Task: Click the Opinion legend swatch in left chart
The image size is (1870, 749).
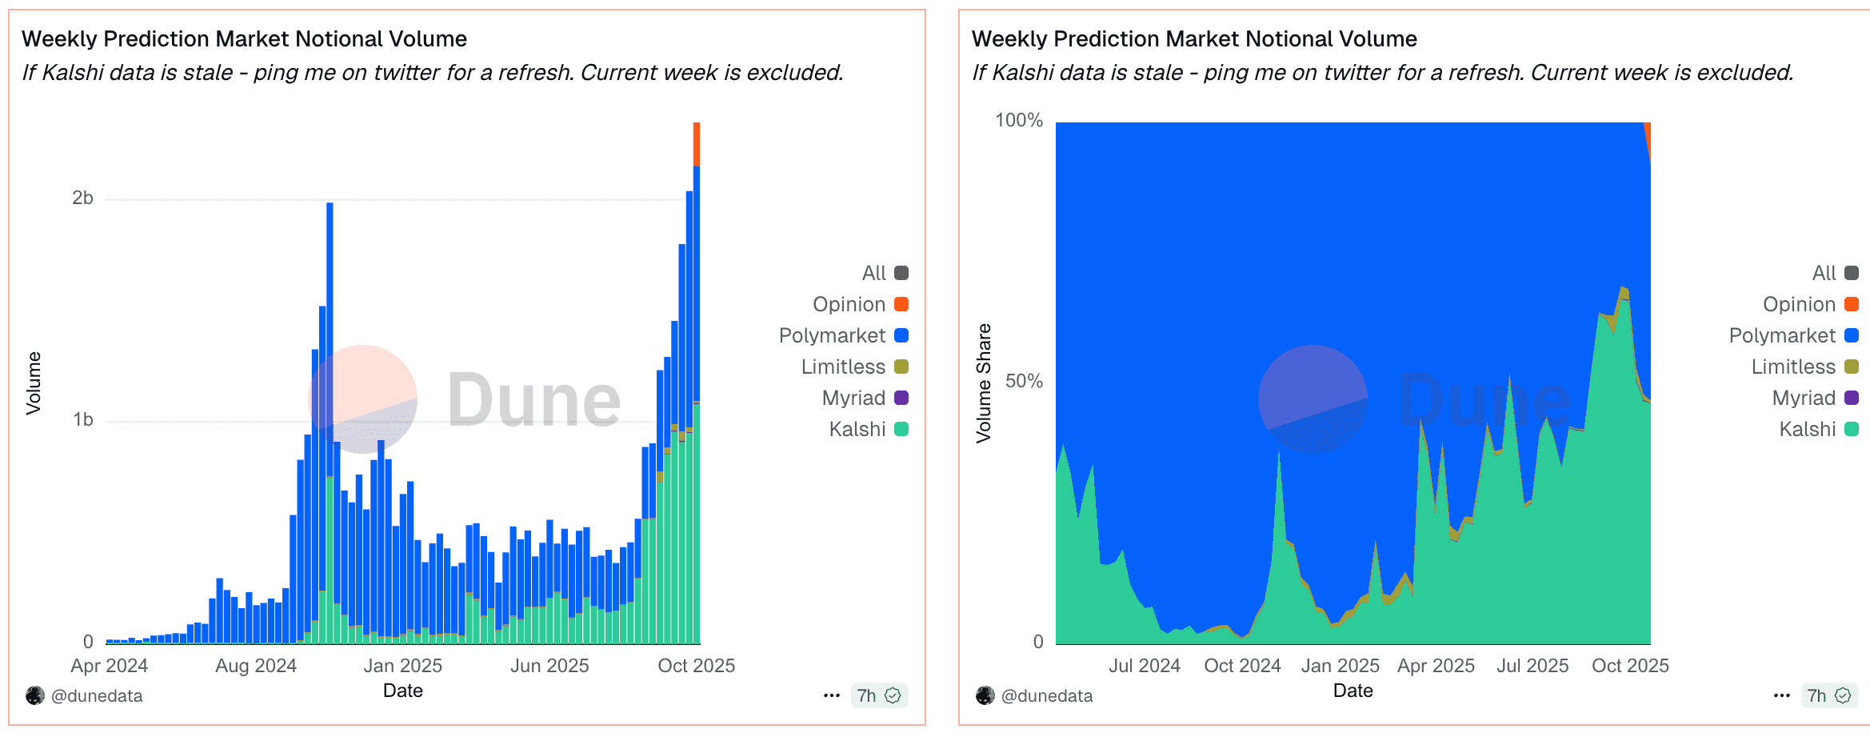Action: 901,304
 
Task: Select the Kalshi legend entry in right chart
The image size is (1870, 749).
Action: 1807,429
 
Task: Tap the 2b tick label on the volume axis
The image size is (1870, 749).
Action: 82,198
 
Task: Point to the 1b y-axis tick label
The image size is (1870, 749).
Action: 82,419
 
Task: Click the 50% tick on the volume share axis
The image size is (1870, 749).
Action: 1024,381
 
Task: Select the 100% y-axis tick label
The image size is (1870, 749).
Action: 1018,120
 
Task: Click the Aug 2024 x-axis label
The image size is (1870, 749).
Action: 255,666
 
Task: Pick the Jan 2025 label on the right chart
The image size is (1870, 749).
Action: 1340,666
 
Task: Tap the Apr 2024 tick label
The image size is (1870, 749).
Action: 109,666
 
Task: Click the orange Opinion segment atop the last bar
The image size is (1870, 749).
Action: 697,144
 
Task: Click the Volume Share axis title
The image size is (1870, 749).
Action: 983,383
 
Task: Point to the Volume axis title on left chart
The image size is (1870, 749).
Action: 33,383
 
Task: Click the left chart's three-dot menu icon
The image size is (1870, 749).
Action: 831,695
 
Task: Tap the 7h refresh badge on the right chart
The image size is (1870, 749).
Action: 1829,695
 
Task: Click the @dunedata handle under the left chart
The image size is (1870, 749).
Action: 96,696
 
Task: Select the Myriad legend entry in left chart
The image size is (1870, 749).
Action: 853,398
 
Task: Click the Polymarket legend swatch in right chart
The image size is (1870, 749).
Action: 1851,335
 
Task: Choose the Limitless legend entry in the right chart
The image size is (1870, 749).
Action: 1793,366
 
